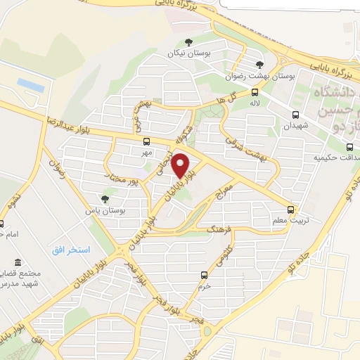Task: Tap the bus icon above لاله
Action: coord(255,91)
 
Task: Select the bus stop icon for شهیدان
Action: coord(295,114)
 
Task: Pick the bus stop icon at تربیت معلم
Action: coord(291,209)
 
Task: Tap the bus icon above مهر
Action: coord(146,141)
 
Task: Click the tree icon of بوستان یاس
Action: coord(105,200)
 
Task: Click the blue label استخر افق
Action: coord(71,250)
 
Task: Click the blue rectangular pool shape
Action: coord(31,85)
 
